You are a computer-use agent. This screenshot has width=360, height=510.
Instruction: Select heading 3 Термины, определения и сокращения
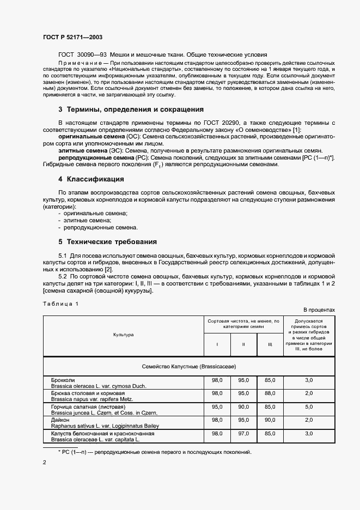coord(131,109)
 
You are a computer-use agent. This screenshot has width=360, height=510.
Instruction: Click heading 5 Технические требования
coord(107,241)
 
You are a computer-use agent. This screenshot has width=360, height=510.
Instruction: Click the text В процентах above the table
coord(319,309)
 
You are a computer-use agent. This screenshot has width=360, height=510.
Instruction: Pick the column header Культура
coord(123,335)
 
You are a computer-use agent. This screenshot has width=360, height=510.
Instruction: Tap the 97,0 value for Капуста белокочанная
coord(243,434)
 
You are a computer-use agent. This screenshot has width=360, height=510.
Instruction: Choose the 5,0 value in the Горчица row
coord(309,406)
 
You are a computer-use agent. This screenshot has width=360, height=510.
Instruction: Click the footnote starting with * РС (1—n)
coord(154,452)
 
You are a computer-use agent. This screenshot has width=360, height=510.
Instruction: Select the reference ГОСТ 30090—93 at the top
coord(82,55)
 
